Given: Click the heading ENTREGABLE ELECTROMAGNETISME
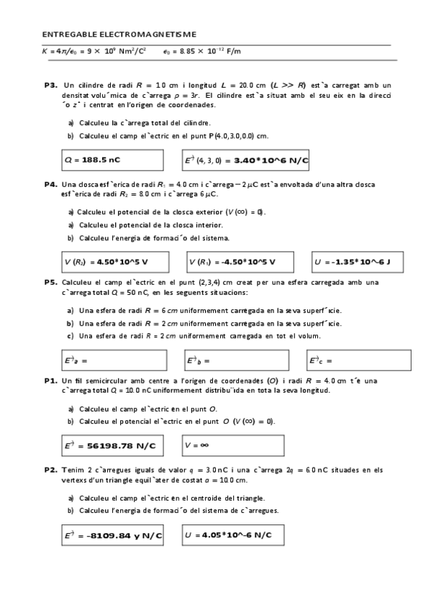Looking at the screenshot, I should click(x=119, y=34).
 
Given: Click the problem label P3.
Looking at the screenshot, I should click(x=50, y=85).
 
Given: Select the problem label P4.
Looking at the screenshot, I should click(x=50, y=184).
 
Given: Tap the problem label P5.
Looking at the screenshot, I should click(x=50, y=282).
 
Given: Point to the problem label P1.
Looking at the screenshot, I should click(x=50, y=380).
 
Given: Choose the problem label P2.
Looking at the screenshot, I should click(x=50, y=469).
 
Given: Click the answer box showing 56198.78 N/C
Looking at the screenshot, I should click(x=112, y=446).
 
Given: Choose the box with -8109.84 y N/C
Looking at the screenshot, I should click(x=112, y=535).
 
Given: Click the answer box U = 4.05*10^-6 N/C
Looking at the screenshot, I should click(x=232, y=535).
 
